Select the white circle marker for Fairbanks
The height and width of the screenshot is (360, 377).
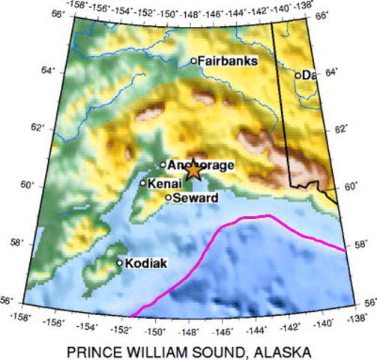[x=193, y=61]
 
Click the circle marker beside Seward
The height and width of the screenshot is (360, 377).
[x=169, y=197]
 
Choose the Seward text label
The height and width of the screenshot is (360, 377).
[x=196, y=197]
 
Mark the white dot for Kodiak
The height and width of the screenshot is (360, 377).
[x=119, y=262]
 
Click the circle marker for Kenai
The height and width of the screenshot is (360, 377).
[x=142, y=182]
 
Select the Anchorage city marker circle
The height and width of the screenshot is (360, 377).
[x=163, y=164]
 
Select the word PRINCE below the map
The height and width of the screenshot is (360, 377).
[x=92, y=350]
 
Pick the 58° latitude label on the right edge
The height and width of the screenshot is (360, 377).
[x=361, y=245]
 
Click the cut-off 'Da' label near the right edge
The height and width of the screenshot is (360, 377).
[x=308, y=74]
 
